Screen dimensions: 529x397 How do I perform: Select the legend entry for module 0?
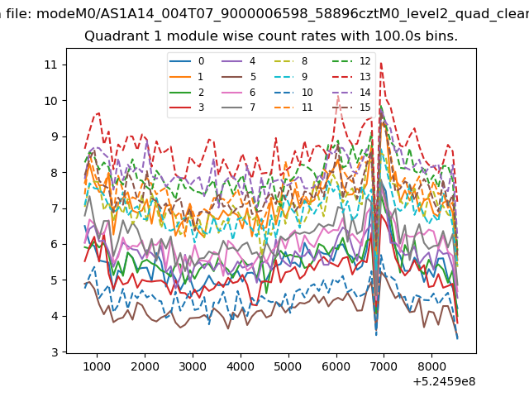pyautogui.click(x=187, y=61)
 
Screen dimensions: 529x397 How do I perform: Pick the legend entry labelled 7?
pyautogui.click(x=239, y=108)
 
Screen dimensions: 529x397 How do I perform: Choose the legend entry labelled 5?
pyautogui.click(x=239, y=77)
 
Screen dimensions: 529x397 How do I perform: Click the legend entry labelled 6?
pyautogui.click(x=239, y=92)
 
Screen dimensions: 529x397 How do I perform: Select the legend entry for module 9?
pyautogui.click(x=290, y=77)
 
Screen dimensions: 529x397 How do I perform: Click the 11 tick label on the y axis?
pyautogui.click(x=50, y=65)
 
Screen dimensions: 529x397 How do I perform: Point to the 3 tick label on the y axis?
pyautogui.click(x=55, y=352)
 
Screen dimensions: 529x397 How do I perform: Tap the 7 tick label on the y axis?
pyautogui.click(x=55, y=208)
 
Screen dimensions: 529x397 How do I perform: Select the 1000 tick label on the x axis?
pyautogui.click(x=97, y=366)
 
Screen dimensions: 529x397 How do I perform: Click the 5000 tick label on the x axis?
pyautogui.click(x=288, y=366)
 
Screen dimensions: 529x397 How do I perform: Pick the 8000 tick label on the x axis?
pyautogui.click(x=431, y=366)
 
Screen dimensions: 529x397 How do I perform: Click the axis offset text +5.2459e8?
pyautogui.click(x=444, y=381)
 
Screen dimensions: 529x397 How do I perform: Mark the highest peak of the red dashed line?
pyautogui.click(x=381, y=63)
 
